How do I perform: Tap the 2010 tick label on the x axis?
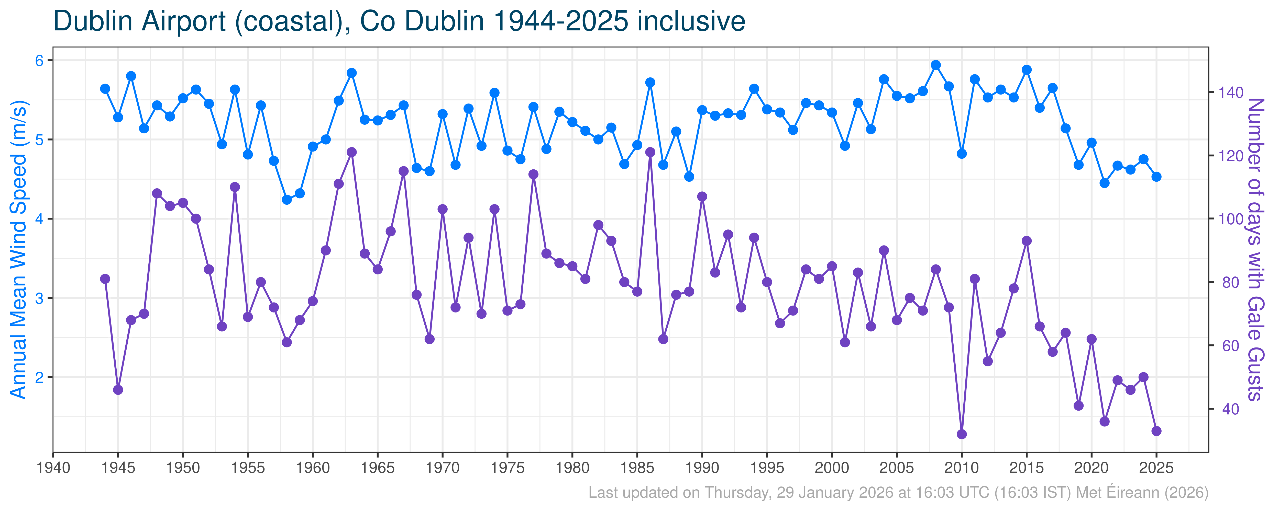962,468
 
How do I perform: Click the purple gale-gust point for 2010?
962,434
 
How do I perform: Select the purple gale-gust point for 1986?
650,152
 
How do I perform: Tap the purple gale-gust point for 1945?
118,390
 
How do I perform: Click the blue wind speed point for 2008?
936,65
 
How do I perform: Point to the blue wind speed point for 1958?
287,200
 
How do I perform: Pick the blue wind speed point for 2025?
1156,177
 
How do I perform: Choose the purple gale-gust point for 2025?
1156,431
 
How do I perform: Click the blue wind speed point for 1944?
105,89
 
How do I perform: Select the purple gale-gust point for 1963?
351,152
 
